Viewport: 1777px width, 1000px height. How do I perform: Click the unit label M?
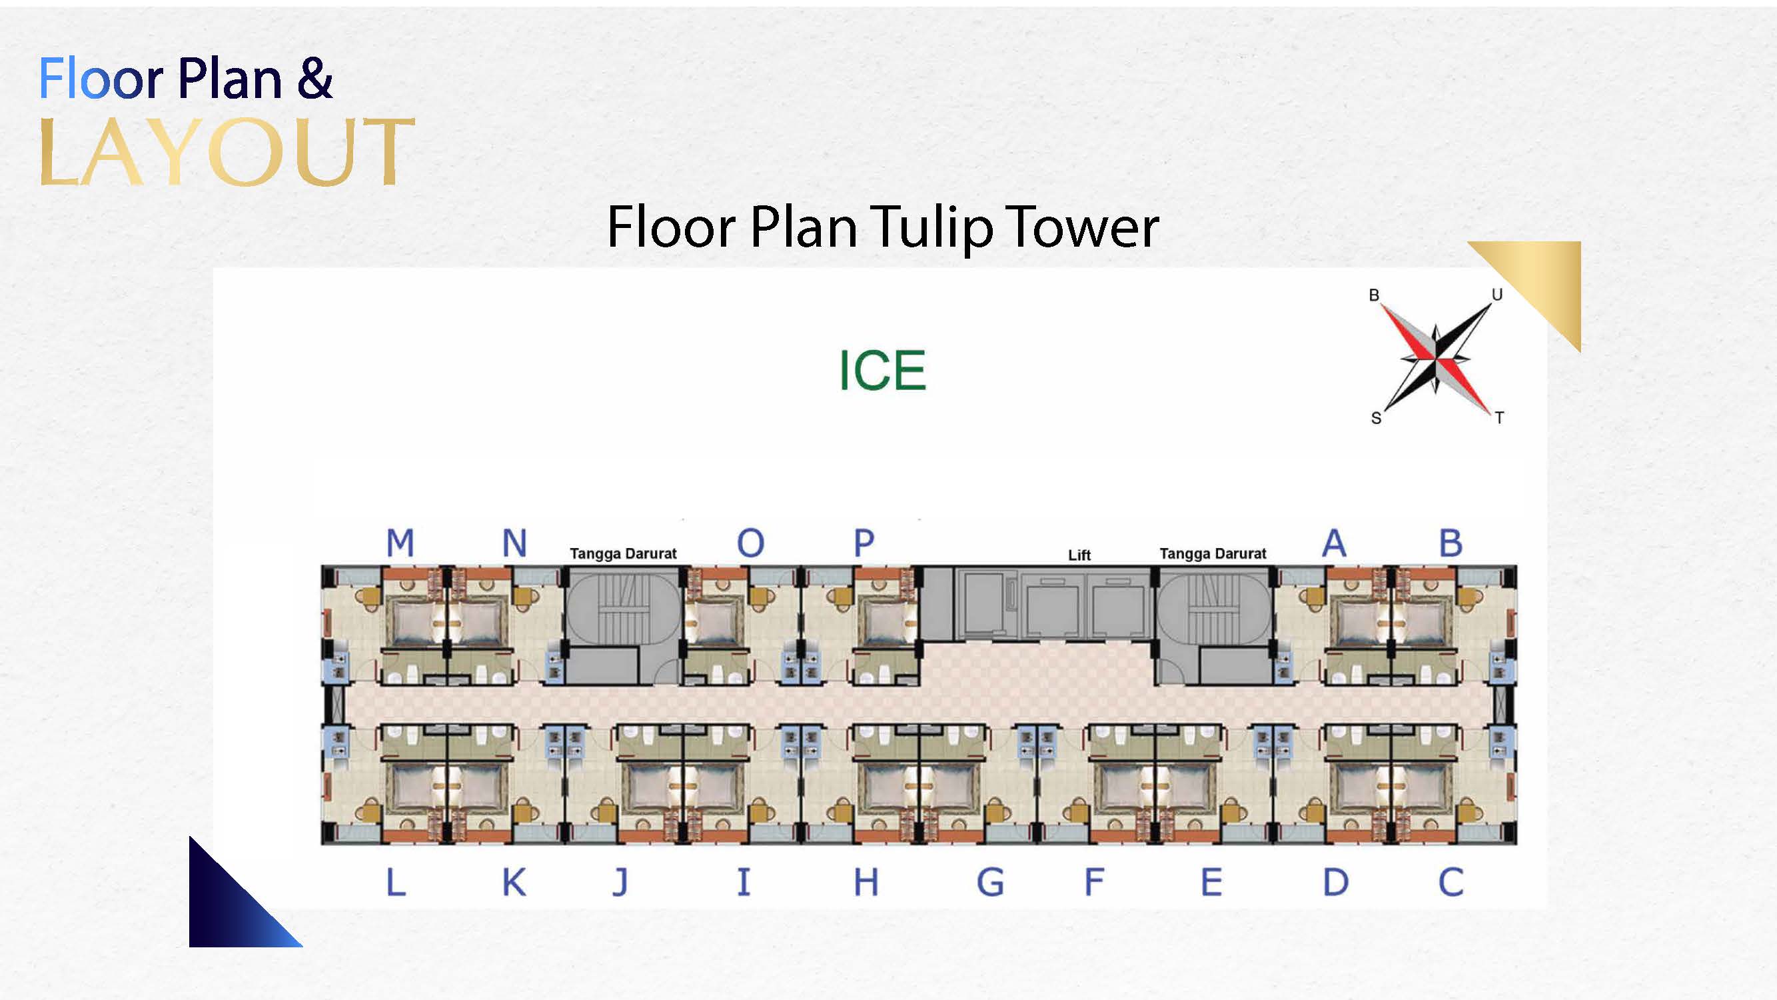click(x=400, y=543)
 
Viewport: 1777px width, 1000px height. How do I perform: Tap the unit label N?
click(x=514, y=543)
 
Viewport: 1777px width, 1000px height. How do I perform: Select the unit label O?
click(x=750, y=543)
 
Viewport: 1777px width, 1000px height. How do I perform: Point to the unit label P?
click(x=864, y=543)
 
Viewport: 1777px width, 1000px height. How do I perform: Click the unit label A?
click(x=1334, y=543)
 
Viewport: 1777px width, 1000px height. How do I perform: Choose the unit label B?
click(x=1451, y=543)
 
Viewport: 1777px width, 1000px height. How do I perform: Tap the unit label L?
click(x=396, y=882)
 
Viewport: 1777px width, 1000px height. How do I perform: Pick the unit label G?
click(x=990, y=882)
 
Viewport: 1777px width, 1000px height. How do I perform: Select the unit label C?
click(x=1451, y=882)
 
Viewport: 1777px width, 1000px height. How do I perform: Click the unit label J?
click(x=621, y=882)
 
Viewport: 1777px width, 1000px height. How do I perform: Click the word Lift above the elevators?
click(x=1079, y=555)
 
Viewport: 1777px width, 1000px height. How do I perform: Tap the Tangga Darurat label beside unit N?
click(x=623, y=553)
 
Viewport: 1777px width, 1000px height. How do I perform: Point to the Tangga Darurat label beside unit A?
click(x=1213, y=553)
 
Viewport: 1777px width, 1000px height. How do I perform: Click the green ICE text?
click(x=882, y=371)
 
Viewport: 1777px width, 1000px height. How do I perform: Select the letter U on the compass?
click(x=1497, y=295)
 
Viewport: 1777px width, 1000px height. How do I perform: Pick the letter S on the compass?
click(x=1376, y=418)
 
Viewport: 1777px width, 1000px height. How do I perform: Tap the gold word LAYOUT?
click(x=227, y=152)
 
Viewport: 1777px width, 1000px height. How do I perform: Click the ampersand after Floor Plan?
click(x=315, y=79)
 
